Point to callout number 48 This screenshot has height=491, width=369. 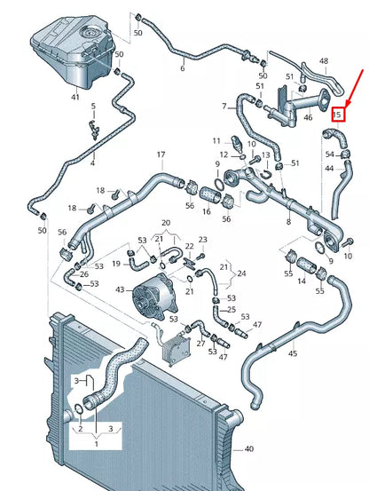coord(323,61)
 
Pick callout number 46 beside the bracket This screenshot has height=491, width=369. coord(309,116)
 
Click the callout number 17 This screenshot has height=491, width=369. coord(161,155)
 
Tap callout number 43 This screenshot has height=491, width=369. coord(121,290)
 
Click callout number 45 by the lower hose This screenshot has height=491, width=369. coord(293,353)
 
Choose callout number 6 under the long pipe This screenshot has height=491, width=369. coord(183,68)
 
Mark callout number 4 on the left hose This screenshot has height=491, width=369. coord(92,162)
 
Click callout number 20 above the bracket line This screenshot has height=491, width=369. coord(165,223)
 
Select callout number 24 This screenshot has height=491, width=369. coord(242,273)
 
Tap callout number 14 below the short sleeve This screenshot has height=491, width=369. coord(301,281)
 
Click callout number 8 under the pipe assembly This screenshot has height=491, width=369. coord(287,221)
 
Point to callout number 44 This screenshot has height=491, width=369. coord(329,168)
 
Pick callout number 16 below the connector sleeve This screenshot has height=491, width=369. coord(207,212)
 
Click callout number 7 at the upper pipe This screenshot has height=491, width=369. coord(224,107)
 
